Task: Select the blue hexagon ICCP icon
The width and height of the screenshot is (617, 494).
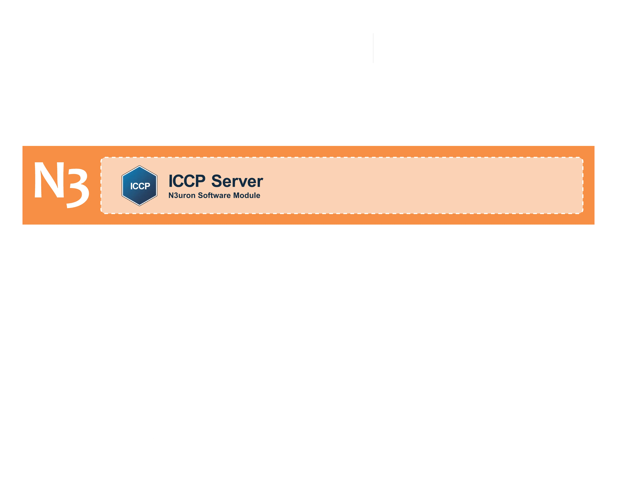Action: pos(139,186)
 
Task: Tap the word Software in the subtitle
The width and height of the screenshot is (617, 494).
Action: pos(214,195)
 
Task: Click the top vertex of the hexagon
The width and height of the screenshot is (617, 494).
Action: pos(139,166)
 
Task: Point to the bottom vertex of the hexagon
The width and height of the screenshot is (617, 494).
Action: pos(139,206)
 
